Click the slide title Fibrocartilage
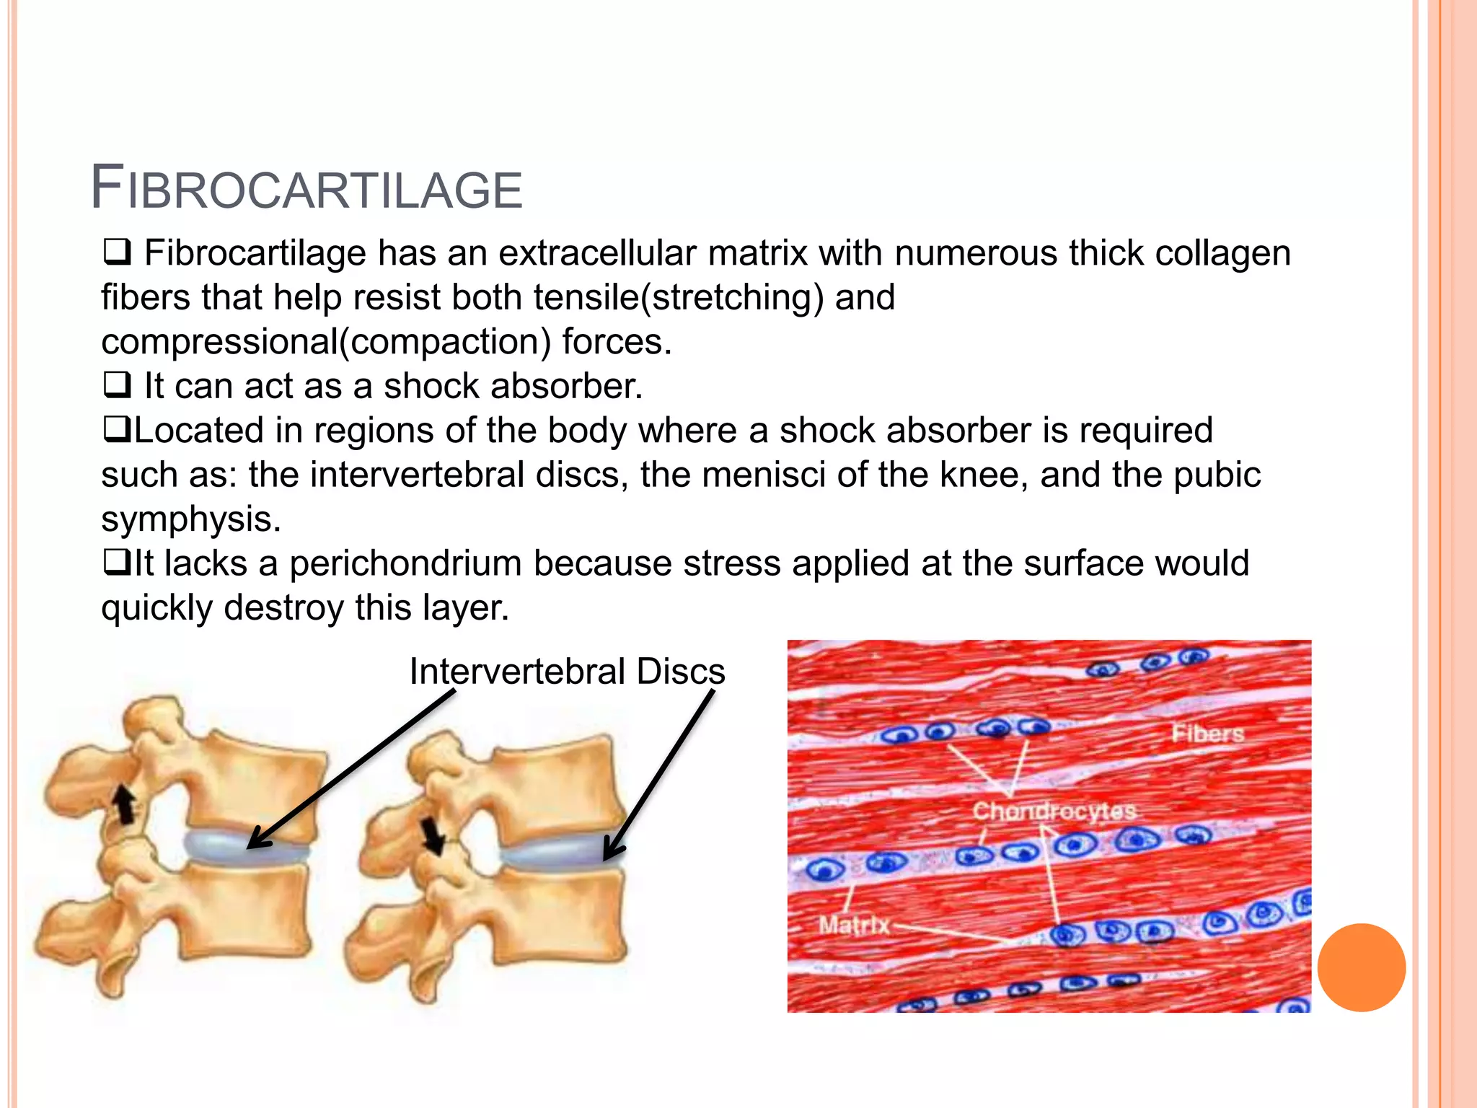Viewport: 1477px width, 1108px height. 306,189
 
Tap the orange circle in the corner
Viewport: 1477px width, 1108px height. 1361,967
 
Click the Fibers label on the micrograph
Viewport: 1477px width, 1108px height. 1207,734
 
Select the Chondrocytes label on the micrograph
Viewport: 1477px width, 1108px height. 1054,811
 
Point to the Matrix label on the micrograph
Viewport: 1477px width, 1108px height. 854,924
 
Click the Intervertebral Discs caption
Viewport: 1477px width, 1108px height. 567,672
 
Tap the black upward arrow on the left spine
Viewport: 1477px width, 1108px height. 125,804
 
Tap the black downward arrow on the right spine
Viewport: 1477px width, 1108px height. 433,835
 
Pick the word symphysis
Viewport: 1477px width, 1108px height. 190,519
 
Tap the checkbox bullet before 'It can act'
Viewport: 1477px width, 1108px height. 116,385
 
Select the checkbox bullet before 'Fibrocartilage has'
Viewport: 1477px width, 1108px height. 116,252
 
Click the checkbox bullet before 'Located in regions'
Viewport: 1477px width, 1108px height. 116,430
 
